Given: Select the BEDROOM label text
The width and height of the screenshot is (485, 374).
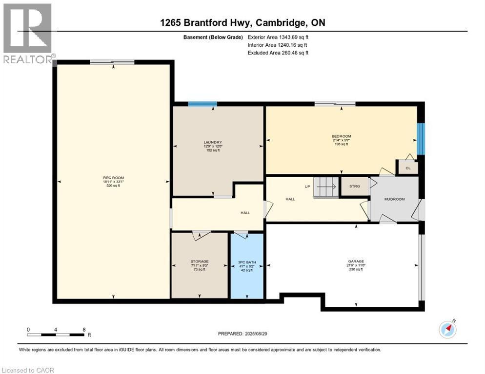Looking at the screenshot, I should click(342, 136).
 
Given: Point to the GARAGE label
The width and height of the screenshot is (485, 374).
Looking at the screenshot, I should click(356, 261).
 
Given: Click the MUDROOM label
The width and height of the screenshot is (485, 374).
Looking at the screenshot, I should click(394, 199).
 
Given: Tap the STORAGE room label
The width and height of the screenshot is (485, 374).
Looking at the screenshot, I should click(199, 262).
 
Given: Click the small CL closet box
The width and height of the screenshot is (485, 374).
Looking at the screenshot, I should click(408, 168).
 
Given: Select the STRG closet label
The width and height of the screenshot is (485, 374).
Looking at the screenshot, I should click(354, 186).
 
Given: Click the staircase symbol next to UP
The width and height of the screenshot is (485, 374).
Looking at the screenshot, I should click(325, 187).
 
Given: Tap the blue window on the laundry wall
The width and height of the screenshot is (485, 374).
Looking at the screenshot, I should click(202, 104).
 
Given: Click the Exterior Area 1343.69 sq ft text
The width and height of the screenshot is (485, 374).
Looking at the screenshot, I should click(278, 37).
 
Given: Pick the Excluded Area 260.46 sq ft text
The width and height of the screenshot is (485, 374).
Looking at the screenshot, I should click(278, 53).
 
